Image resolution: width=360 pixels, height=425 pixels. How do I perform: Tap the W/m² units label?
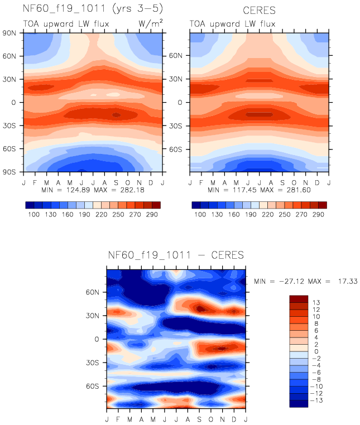pos(150,23)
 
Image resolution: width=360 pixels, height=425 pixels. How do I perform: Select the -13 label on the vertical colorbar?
pos(318,400)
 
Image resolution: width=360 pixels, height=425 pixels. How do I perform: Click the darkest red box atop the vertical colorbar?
pos(298,299)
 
